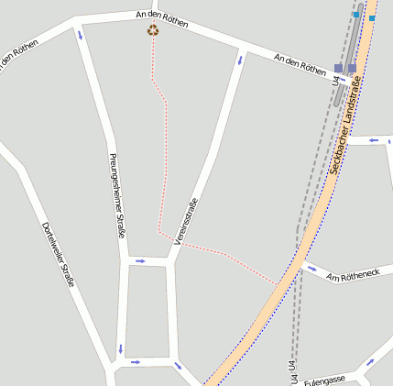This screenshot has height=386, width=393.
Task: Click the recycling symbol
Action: (152, 30)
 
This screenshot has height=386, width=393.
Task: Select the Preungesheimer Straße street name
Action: (117, 194)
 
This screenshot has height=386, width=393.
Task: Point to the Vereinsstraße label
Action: (186, 221)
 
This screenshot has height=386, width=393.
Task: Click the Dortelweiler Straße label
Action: (57, 254)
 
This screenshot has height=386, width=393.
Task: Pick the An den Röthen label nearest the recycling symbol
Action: (161, 18)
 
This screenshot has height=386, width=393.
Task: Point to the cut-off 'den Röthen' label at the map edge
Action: (17, 58)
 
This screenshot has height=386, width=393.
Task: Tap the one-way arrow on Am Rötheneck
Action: (311, 269)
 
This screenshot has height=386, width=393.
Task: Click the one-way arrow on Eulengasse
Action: (370, 362)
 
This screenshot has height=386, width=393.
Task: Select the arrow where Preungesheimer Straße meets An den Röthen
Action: (80, 35)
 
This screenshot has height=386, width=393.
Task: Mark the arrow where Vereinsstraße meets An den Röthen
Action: (240, 61)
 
